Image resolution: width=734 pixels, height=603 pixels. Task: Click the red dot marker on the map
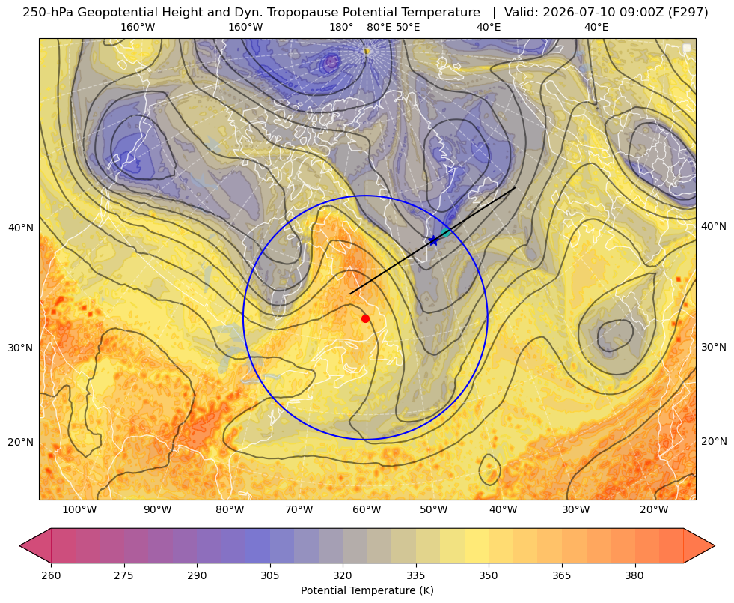366,318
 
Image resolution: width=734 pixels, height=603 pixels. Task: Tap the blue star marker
433,240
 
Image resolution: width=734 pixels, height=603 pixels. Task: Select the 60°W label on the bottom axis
367,510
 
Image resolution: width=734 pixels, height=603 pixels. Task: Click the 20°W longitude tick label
654,510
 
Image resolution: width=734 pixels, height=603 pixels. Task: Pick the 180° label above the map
341,27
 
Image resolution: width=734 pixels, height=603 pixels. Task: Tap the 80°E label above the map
379,27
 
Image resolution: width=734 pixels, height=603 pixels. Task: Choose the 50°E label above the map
408,27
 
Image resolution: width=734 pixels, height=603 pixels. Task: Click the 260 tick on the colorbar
51,575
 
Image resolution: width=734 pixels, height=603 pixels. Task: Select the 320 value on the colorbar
343,575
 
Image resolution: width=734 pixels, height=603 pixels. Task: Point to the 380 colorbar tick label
634,575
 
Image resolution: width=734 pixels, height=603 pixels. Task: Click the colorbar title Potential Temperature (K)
367,590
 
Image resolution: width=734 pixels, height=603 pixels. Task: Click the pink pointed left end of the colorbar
35,545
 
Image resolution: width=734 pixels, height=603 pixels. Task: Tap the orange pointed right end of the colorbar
699,545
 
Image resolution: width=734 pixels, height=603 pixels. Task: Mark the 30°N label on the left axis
21,348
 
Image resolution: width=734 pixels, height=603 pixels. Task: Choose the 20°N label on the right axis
714,441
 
